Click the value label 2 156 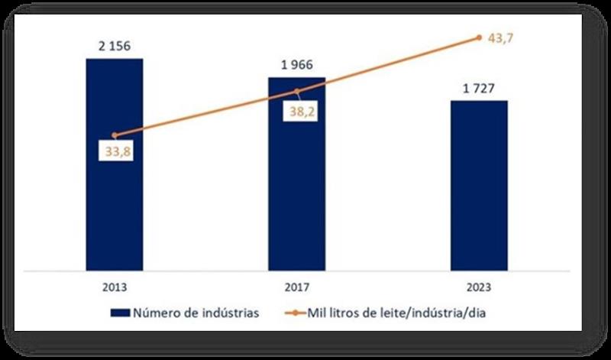coord(115,46)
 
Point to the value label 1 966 coord(296,65)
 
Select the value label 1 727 coord(479,88)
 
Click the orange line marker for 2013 coord(115,135)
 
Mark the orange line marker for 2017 coord(296,92)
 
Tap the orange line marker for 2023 coord(479,37)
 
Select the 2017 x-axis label coord(296,288)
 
